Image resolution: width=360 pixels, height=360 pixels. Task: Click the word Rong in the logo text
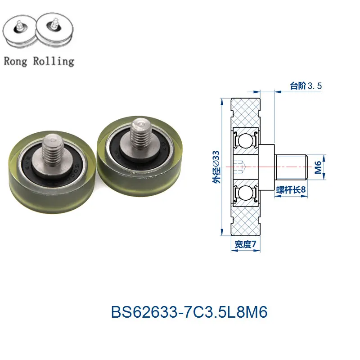point(16,62)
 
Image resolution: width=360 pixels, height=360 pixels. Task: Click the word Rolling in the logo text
point(54,62)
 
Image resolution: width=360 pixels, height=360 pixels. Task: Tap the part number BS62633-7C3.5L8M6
point(189,312)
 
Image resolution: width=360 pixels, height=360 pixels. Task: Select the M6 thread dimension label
point(318,167)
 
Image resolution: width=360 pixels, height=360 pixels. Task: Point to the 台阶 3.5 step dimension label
point(306,86)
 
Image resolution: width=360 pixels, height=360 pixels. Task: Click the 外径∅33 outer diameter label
point(216,167)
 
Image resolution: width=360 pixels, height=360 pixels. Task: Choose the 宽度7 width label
point(245,244)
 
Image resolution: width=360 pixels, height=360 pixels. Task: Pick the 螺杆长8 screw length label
point(291,190)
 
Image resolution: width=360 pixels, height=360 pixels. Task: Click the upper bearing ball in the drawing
point(245,140)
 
